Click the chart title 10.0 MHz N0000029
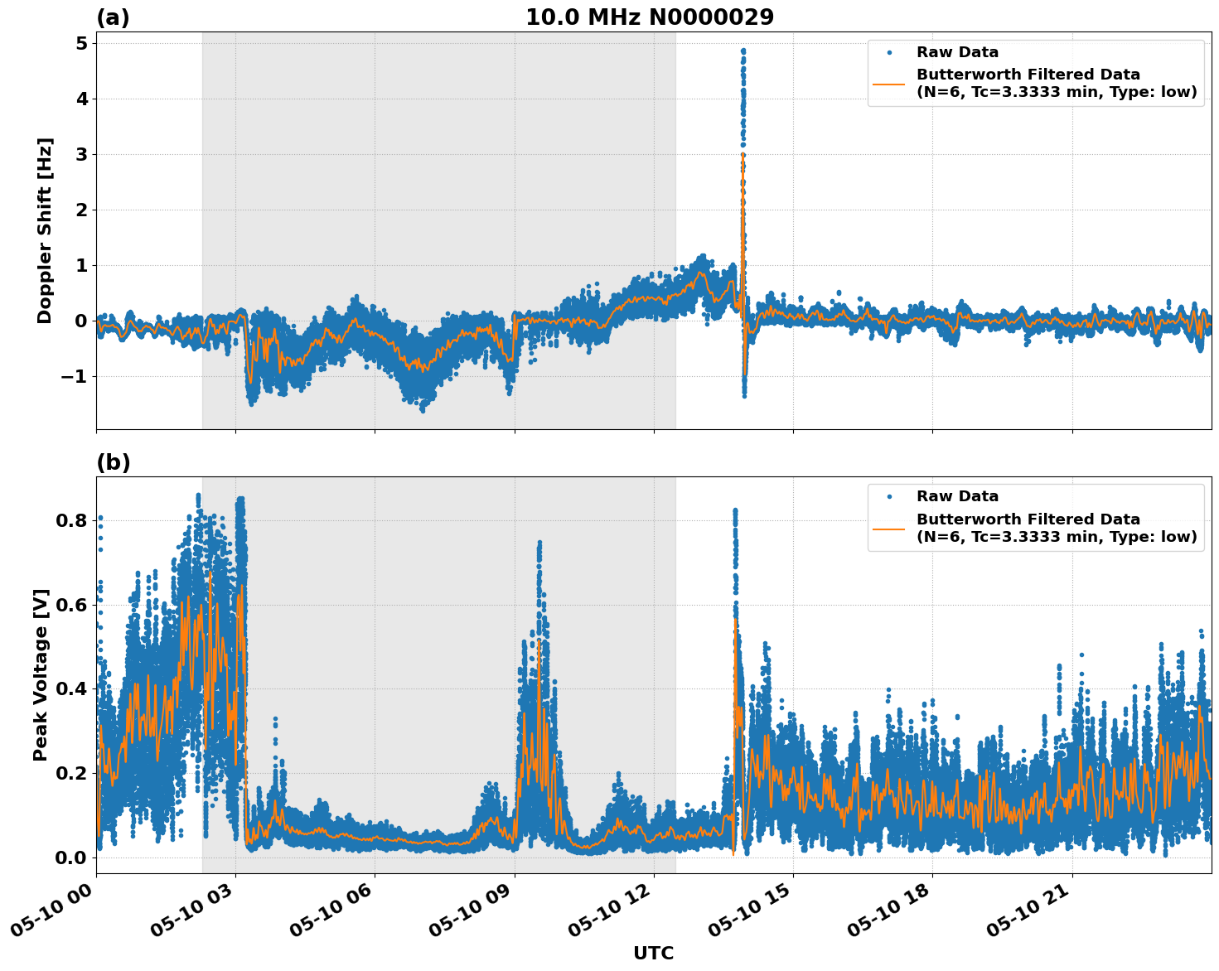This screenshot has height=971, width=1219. [x=649, y=17]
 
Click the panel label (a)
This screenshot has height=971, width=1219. [x=113, y=17]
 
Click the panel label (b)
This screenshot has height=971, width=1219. [x=113, y=462]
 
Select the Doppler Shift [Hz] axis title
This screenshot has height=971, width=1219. [x=45, y=230]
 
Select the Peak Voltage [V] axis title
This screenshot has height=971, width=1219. [x=41, y=674]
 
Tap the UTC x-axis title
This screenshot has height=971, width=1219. [x=653, y=953]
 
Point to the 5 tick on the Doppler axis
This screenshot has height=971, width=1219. [x=81, y=43]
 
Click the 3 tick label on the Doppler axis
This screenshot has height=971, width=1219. [x=81, y=154]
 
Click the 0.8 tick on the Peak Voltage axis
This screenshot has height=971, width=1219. [x=71, y=520]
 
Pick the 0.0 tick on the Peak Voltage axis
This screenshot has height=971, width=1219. [x=71, y=857]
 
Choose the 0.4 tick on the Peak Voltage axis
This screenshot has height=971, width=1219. [x=71, y=688]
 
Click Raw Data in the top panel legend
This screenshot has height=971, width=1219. [x=957, y=52]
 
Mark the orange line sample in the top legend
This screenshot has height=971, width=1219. [x=889, y=84]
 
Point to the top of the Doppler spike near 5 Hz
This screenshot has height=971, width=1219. [x=743, y=51]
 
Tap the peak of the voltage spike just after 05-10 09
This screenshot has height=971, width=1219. [x=539, y=543]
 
